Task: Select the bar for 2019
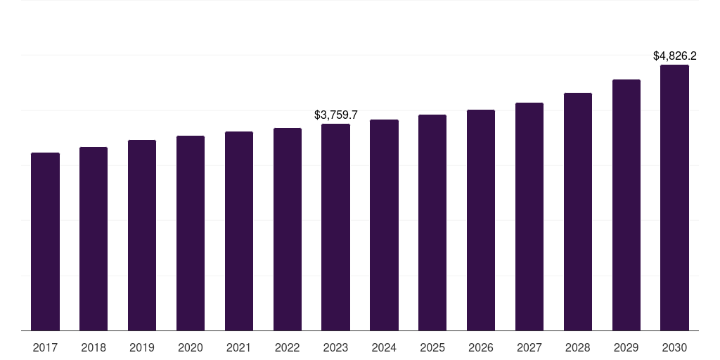142,235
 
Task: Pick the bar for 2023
335,227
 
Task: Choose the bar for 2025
432,222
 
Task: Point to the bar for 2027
529,217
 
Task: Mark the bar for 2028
578,212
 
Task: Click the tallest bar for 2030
674,198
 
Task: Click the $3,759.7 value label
335,115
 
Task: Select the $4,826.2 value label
674,56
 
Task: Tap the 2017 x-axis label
45,347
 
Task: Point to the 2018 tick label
94,347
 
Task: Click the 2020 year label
191,347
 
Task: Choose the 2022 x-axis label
288,347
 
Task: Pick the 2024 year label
384,347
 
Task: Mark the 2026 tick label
481,347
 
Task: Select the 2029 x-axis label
626,347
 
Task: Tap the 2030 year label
674,347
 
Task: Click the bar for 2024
384,225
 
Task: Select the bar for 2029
626,205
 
